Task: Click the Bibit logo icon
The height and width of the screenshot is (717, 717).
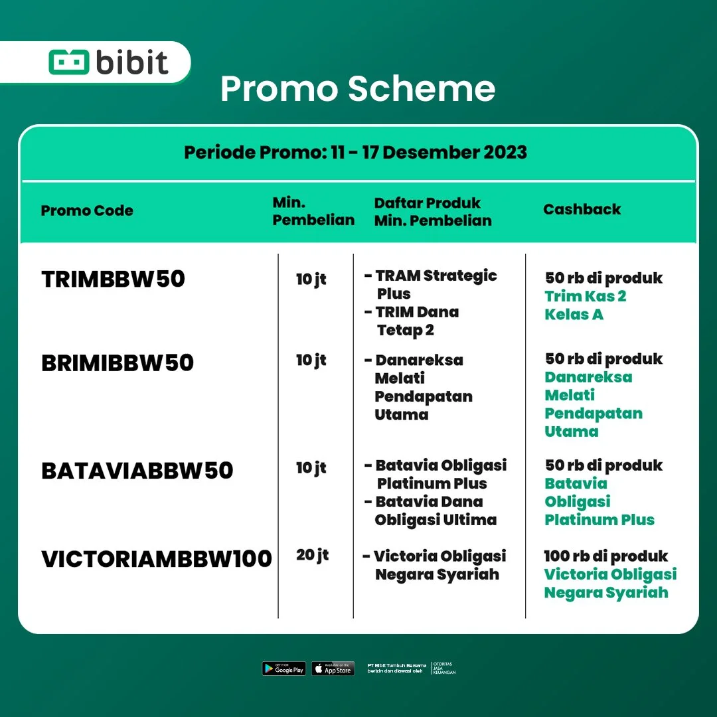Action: tap(68, 62)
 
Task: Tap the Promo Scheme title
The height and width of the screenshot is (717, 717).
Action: tap(358, 89)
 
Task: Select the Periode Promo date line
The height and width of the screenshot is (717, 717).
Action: tap(355, 152)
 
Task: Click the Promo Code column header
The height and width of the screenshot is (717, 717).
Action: tap(87, 210)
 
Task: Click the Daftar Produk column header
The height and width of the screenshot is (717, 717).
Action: tap(433, 211)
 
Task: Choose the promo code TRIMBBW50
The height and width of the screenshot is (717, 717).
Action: tap(113, 279)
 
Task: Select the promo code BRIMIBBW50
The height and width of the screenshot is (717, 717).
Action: tap(118, 362)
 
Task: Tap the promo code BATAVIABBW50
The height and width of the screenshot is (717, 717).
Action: tap(137, 470)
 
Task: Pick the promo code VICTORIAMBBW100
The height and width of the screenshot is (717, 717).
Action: tap(157, 558)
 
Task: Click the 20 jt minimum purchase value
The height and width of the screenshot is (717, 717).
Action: tap(312, 554)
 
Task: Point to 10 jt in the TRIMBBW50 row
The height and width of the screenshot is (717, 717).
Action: tap(311, 279)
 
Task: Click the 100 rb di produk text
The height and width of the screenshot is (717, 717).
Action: tap(605, 556)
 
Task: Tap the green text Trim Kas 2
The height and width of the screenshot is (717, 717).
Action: tap(585, 296)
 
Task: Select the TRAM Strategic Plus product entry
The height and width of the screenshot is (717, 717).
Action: tap(435, 284)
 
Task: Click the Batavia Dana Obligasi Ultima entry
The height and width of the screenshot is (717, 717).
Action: tap(435, 511)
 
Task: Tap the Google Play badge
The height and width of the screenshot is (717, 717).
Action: tap(283, 669)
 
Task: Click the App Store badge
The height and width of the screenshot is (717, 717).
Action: tap(333, 669)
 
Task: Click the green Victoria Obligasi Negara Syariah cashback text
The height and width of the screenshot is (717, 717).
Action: tap(609, 583)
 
